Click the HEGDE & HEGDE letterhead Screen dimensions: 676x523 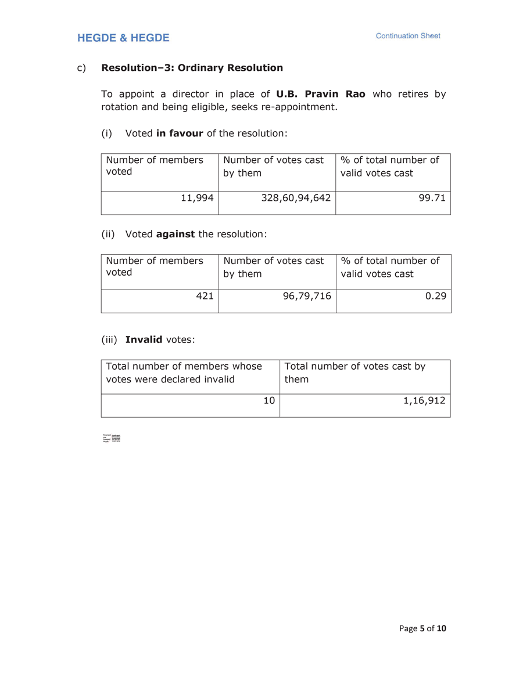tap(123, 38)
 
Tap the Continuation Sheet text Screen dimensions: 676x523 tap(408, 36)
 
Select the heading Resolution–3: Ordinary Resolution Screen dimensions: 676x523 tap(192, 68)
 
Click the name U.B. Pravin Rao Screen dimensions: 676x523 tap(321, 94)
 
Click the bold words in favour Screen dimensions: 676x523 tap(180, 133)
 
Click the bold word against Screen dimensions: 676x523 tap(175, 234)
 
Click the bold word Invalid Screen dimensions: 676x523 tap(144, 339)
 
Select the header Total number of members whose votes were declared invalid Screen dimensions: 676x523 tap(184, 373)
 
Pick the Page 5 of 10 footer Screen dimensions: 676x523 tap(422, 628)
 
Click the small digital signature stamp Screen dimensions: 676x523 tap(111, 438)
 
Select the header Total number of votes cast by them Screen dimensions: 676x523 tap(354, 373)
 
